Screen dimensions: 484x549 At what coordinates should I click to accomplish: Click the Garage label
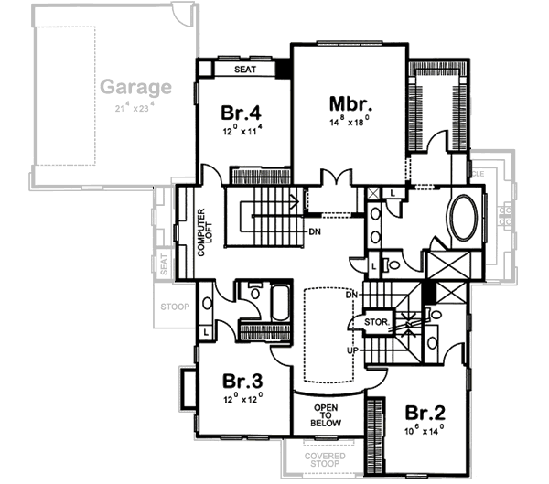(135, 89)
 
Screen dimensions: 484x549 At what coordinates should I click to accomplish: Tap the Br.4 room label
(242, 113)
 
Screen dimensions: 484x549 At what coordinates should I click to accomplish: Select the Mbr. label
(350, 103)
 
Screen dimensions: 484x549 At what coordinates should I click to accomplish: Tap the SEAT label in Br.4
(243, 69)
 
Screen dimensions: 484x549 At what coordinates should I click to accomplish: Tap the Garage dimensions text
(135, 108)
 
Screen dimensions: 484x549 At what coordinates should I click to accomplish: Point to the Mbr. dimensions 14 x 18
(350, 120)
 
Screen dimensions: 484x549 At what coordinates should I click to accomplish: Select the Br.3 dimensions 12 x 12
(242, 399)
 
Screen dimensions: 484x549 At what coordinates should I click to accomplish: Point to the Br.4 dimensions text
(242, 130)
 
